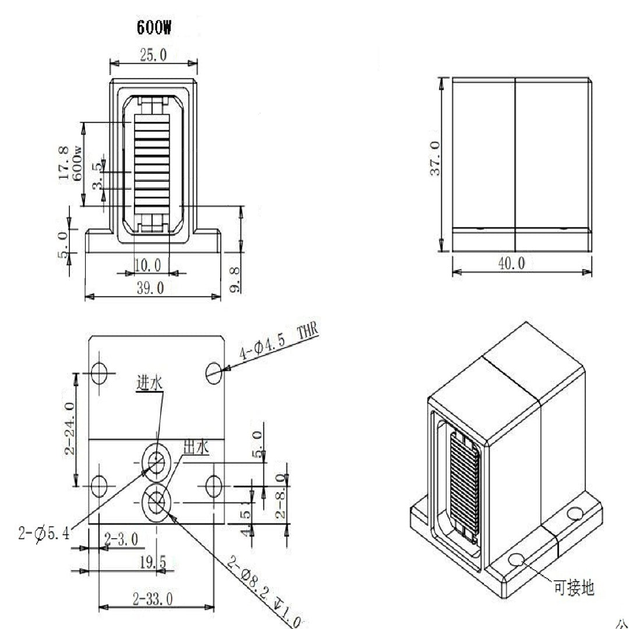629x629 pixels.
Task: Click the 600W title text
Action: (x=153, y=28)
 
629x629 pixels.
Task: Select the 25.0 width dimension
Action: (x=153, y=55)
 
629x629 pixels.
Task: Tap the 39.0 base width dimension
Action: (x=150, y=288)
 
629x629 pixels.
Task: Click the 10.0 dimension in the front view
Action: (x=147, y=265)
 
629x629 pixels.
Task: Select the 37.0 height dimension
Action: (x=434, y=158)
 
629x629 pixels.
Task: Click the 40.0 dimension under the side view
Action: (x=511, y=263)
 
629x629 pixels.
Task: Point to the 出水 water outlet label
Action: (x=195, y=448)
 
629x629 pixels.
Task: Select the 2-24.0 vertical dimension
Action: (x=70, y=429)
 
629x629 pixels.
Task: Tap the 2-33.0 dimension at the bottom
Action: (x=153, y=598)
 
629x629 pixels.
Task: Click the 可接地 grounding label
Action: (x=574, y=588)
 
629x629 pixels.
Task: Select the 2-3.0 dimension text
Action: (x=121, y=539)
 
